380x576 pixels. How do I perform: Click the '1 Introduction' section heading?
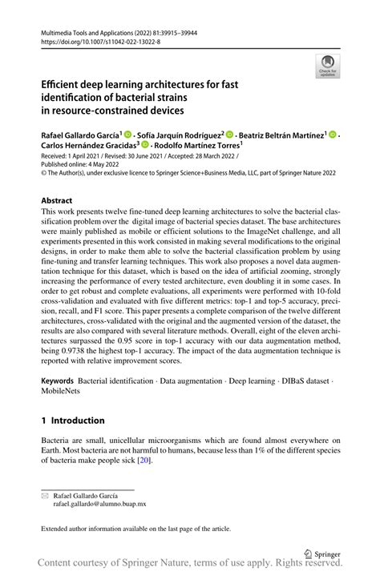click(x=72, y=421)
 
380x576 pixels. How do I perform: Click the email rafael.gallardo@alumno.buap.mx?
click(x=89, y=505)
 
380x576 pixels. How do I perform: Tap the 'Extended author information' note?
click(x=135, y=528)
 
